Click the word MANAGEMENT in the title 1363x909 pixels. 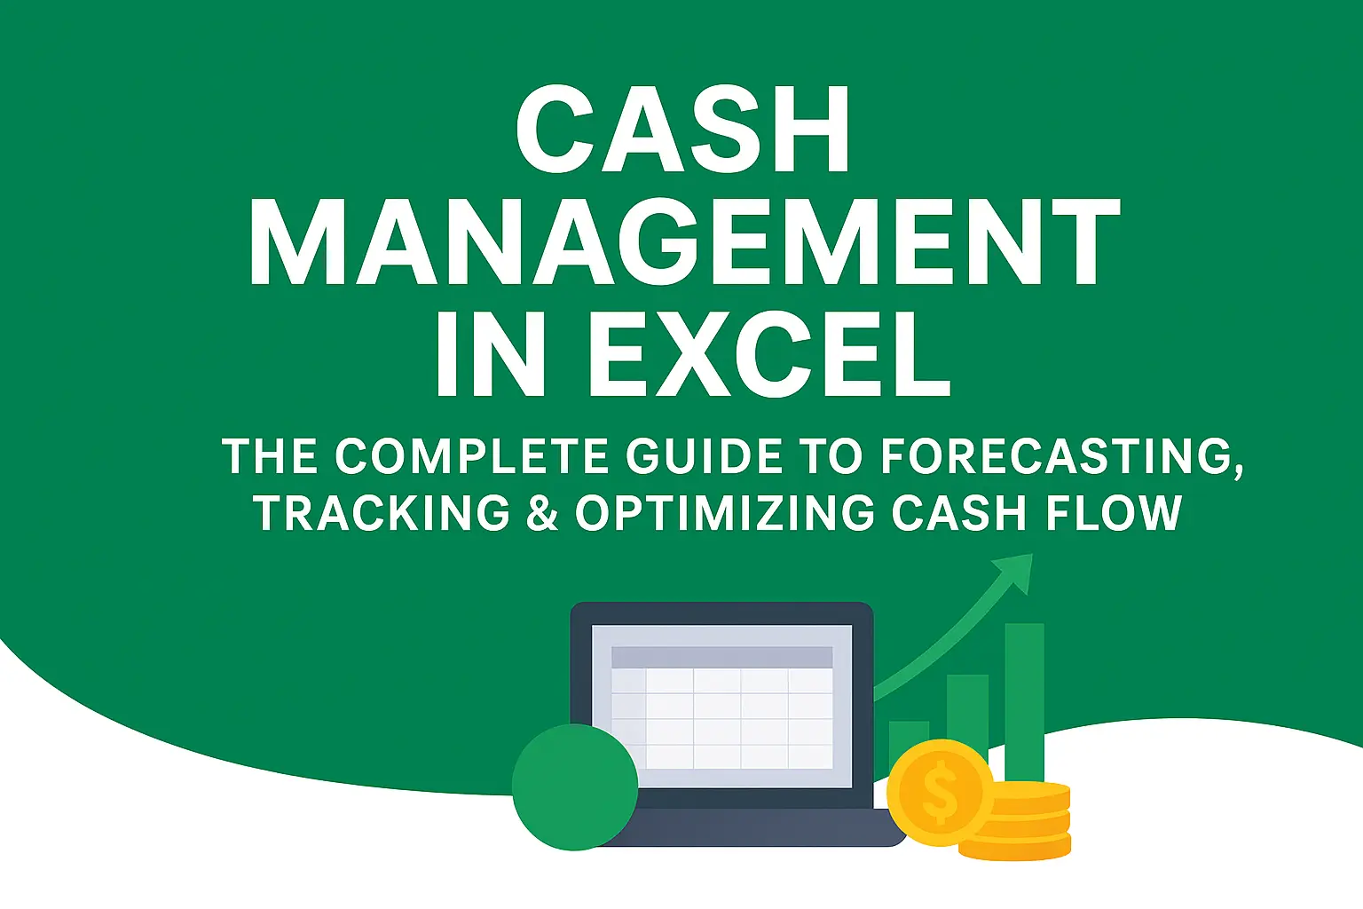click(683, 242)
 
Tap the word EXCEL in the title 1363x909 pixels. click(768, 354)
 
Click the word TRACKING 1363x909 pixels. click(382, 513)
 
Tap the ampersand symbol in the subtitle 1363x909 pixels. click(541, 513)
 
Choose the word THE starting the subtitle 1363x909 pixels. click(270, 456)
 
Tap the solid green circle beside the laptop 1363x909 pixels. click(575, 786)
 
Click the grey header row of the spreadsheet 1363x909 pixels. click(721, 657)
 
